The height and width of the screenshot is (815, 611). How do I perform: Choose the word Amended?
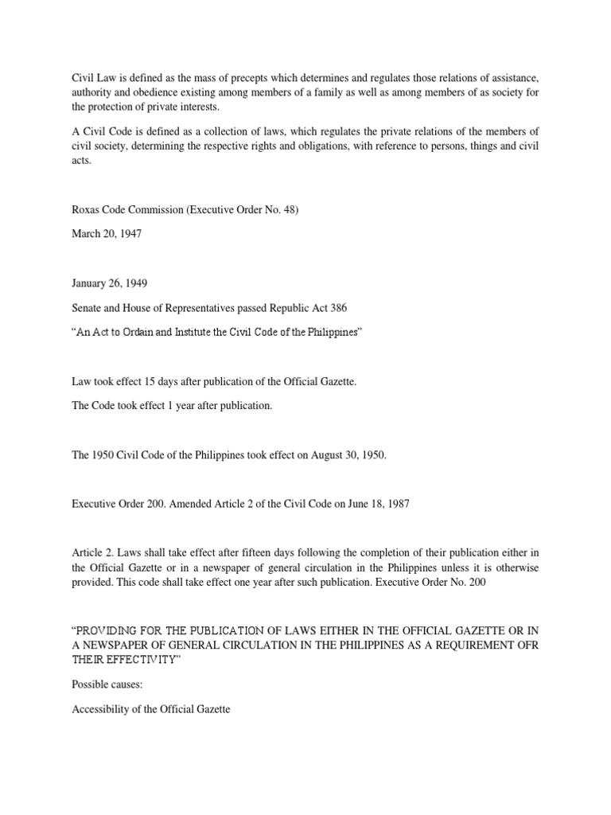(x=194, y=505)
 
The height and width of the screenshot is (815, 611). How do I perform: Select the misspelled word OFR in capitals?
(x=526, y=644)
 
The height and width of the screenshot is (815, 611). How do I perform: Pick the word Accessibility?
(x=103, y=708)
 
